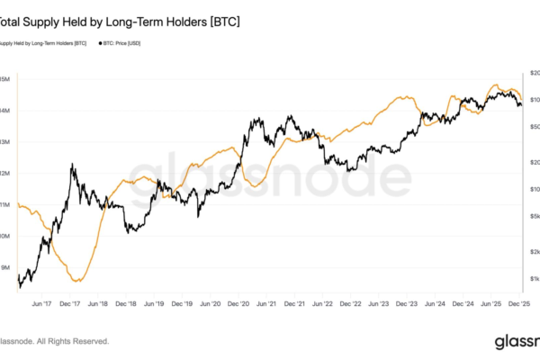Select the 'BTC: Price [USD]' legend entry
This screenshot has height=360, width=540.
pyautogui.click(x=117, y=43)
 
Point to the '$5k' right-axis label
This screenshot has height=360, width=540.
pyautogui.click(x=533, y=217)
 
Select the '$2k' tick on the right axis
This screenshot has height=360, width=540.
pyautogui.click(x=533, y=251)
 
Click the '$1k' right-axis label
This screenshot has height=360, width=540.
pyautogui.click(x=533, y=279)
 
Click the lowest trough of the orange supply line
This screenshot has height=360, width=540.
pyautogui.click(x=77, y=282)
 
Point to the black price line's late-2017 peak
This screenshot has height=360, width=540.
pyautogui.click(x=71, y=165)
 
